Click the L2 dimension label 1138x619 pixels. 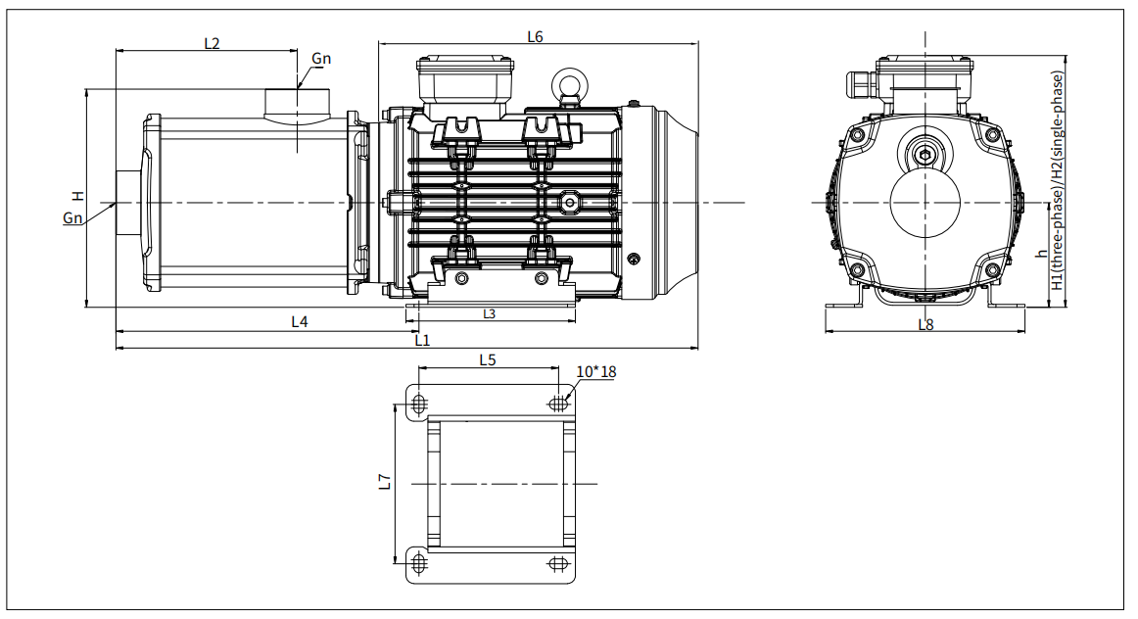click(x=212, y=43)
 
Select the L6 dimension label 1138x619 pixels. click(x=535, y=36)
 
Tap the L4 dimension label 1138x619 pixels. click(x=300, y=320)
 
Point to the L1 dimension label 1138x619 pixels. click(x=422, y=340)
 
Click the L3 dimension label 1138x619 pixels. click(x=489, y=313)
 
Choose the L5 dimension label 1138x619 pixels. click(x=488, y=359)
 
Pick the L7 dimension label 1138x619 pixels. click(x=386, y=482)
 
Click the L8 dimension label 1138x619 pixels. click(x=926, y=324)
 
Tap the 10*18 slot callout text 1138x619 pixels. click(x=595, y=371)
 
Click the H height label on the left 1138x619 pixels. click(x=78, y=196)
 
